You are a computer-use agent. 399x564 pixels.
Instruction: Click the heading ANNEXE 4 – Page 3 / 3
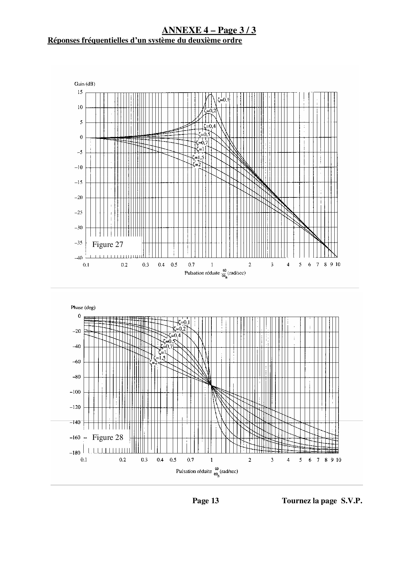[x=209, y=31]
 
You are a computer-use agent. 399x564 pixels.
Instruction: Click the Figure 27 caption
[x=107, y=245]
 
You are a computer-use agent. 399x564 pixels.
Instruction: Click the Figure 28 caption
[x=107, y=437]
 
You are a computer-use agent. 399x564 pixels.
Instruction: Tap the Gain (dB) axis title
[x=85, y=84]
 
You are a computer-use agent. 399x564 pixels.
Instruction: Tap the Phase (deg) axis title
[x=83, y=307]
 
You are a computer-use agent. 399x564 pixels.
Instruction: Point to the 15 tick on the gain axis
[x=79, y=92]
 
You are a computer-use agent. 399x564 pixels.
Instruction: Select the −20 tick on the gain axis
[x=79, y=197]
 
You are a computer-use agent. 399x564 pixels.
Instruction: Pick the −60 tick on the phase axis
[x=77, y=362]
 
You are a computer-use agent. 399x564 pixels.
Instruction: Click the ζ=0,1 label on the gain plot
[x=223, y=100]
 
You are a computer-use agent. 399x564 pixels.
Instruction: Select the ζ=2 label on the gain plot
[x=197, y=165]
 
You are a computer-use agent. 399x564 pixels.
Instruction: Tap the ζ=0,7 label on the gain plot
[x=202, y=143]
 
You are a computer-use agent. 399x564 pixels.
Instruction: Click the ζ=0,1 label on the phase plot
[x=184, y=323]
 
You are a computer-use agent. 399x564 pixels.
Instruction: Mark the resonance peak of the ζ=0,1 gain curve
[x=211, y=95]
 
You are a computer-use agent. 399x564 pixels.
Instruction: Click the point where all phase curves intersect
[x=211, y=385]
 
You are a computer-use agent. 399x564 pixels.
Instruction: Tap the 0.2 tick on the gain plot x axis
[x=124, y=265]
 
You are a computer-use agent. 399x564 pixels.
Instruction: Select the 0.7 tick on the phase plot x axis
[x=190, y=460]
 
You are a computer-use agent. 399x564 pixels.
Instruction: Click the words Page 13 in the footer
[x=206, y=501]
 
